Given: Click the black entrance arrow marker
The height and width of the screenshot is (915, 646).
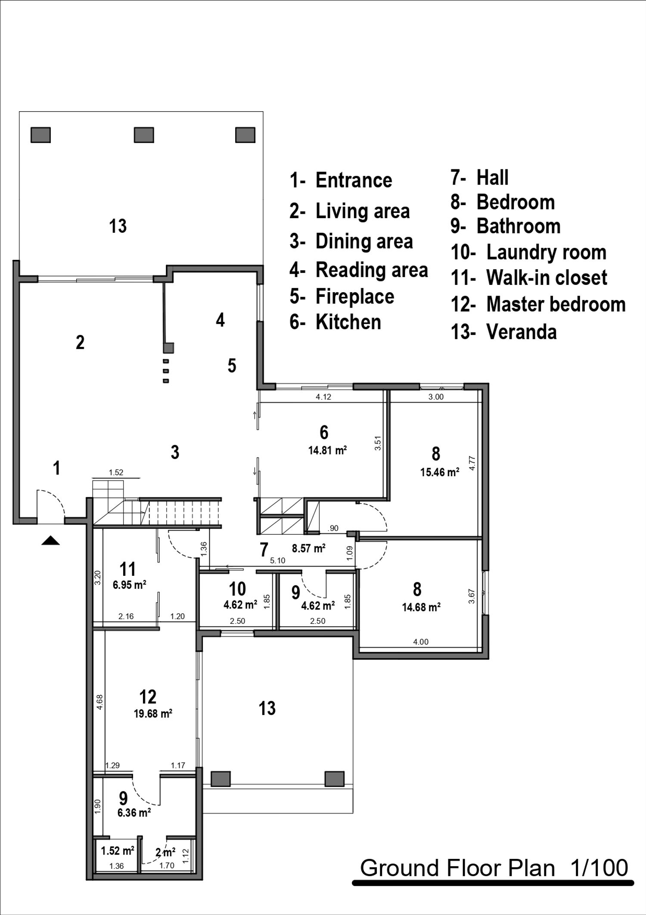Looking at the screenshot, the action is tap(50, 540).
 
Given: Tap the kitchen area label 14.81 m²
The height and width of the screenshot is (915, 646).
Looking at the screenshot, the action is tap(328, 451).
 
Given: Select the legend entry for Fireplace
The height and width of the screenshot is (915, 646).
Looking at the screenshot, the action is tap(342, 297).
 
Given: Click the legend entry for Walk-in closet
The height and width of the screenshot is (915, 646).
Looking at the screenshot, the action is tap(529, 278).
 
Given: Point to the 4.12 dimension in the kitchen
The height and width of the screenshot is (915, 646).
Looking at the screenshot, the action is tap(323, 397).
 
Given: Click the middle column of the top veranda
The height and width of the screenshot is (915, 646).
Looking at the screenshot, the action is tap(144, 135).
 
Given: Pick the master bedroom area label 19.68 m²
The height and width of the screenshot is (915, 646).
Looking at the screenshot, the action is tap(153, 714).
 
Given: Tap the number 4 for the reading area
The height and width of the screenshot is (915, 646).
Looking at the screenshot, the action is tap(220, 320).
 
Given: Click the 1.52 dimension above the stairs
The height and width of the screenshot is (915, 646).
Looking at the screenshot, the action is tap(116, 472).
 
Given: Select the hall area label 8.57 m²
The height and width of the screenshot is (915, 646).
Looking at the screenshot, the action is tap(308, 548).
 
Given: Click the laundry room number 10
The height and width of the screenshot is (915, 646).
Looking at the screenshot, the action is tap(237, 589).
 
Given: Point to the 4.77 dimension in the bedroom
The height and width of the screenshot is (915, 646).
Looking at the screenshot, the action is tap(472, 463).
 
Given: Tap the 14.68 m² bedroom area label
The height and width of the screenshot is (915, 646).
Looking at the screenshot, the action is tap(421, 607).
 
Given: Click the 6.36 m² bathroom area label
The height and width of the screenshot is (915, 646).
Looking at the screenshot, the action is tap(134, 813).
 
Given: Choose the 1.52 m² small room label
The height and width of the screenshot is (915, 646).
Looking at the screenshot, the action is tap(118, 851).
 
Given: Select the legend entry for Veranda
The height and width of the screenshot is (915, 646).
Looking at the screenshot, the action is tap(504, 332).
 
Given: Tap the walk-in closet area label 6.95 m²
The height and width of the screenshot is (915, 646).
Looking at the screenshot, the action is tap(130, 585).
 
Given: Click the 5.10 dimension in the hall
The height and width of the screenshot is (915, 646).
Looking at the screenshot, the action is tap(277, 561).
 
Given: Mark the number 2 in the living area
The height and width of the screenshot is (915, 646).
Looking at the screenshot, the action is tap(80, 343).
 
